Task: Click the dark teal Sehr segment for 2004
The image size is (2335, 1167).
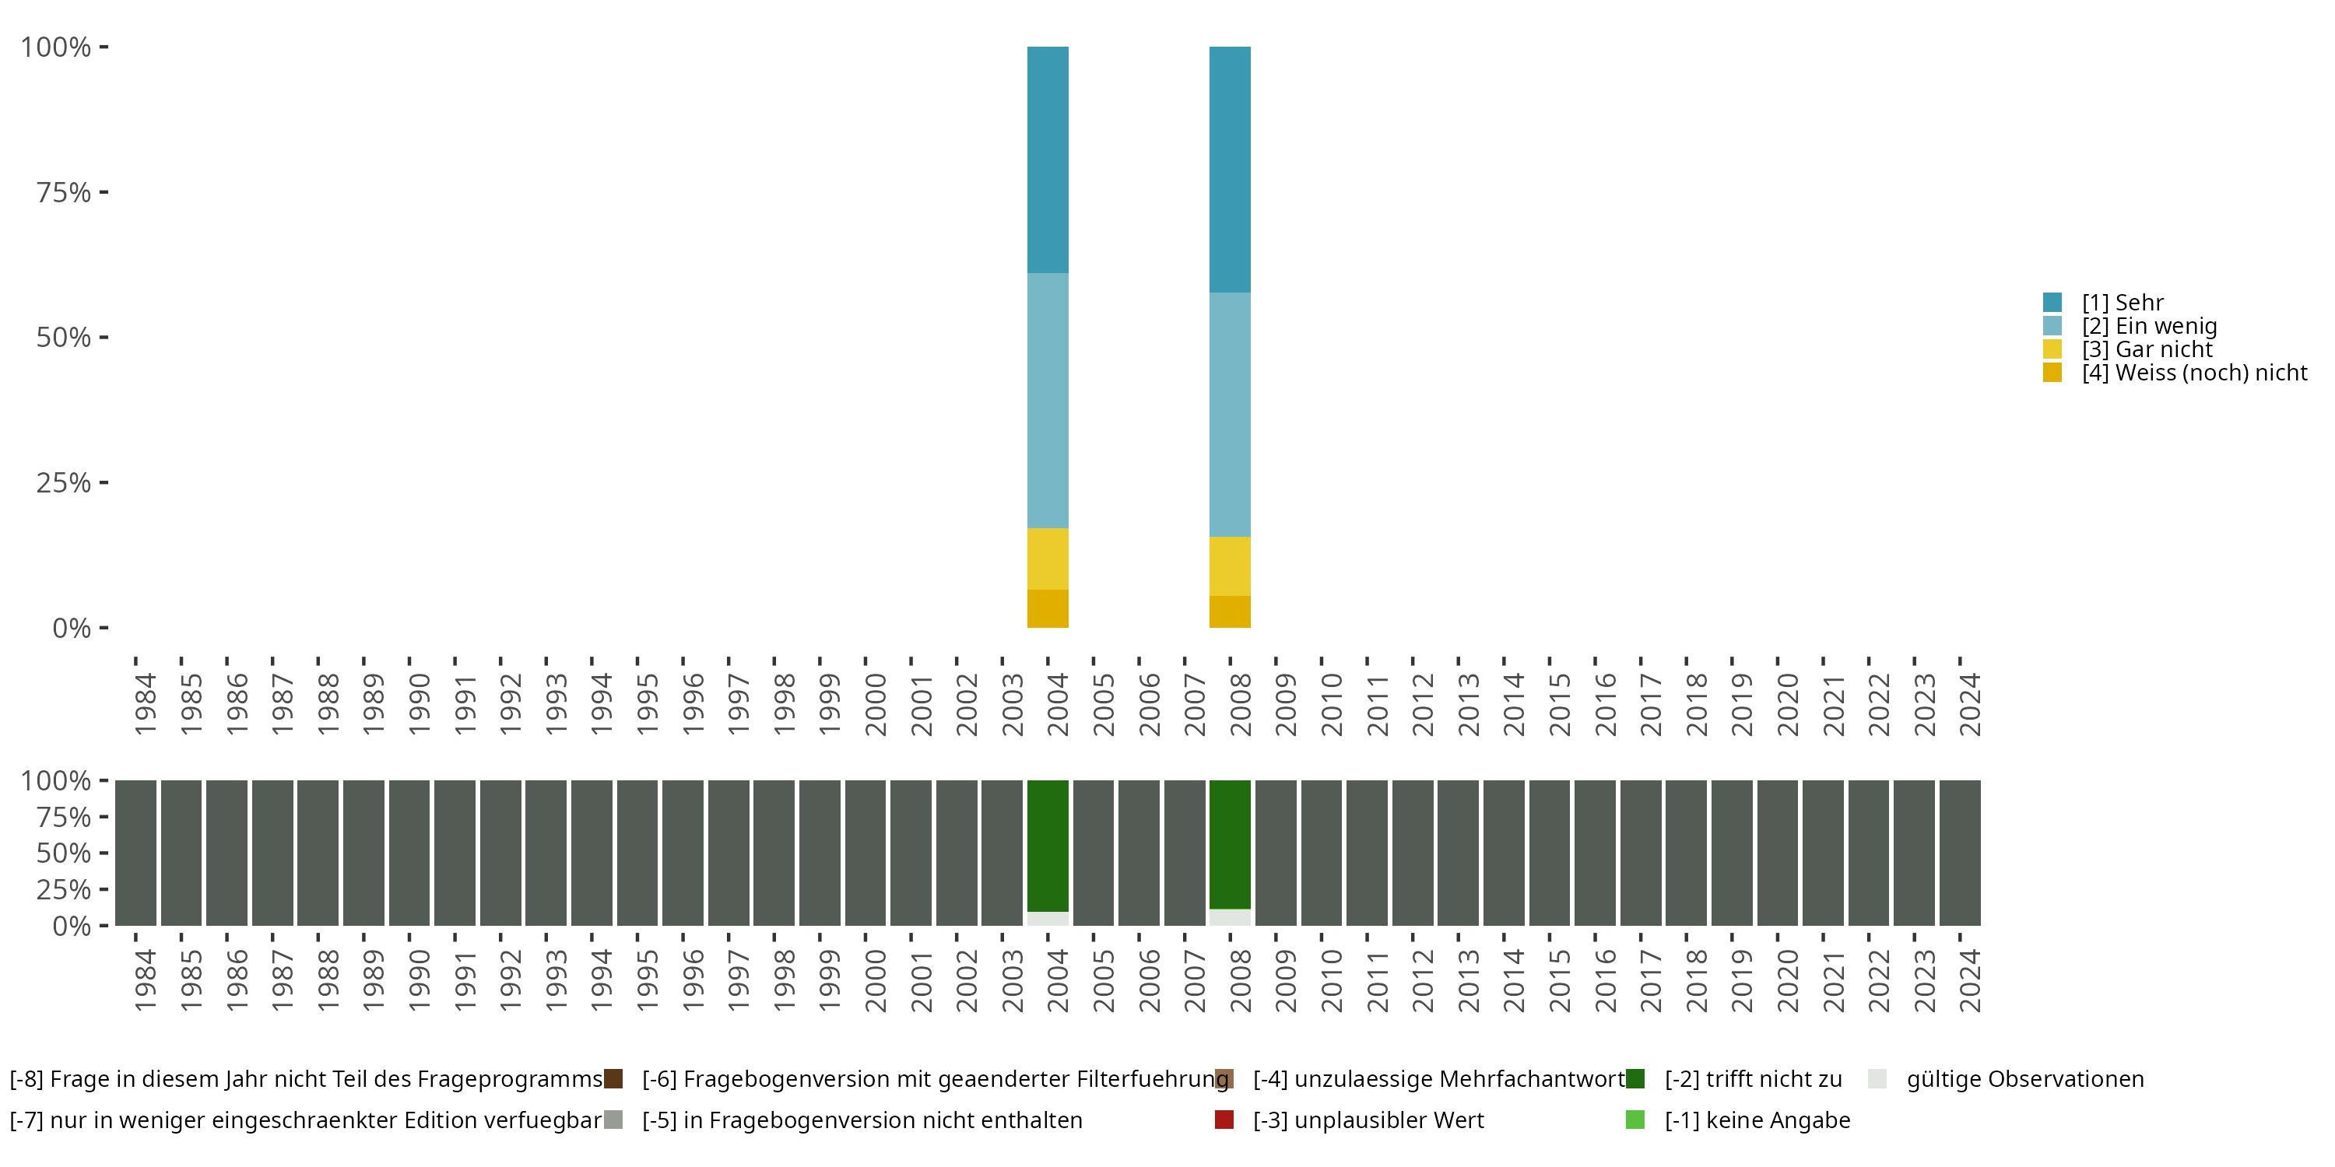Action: coord(1047,159)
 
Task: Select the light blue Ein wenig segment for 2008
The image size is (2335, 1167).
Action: coord(1229,414)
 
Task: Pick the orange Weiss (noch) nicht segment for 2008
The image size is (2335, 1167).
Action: coord(1229,612)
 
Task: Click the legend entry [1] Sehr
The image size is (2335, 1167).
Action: coord(2121,303)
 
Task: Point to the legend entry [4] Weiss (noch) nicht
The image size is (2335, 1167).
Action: coord(2193,373)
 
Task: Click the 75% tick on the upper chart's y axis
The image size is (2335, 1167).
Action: coord(64,192)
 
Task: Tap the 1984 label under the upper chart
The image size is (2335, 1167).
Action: coord(145,704)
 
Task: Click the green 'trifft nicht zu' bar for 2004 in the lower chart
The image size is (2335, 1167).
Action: coord(1047,844)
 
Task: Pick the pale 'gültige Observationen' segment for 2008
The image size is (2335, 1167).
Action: coord(1229,917)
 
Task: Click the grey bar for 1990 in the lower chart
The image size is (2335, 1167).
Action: coord(409,852)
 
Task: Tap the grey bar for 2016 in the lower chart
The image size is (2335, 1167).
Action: coord(1595,852)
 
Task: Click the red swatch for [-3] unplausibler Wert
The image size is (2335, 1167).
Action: coord(1224,1120)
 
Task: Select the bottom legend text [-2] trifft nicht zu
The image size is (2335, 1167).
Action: coord(1753,1079)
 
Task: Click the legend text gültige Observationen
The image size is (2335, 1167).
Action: coord(2025,1079)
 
